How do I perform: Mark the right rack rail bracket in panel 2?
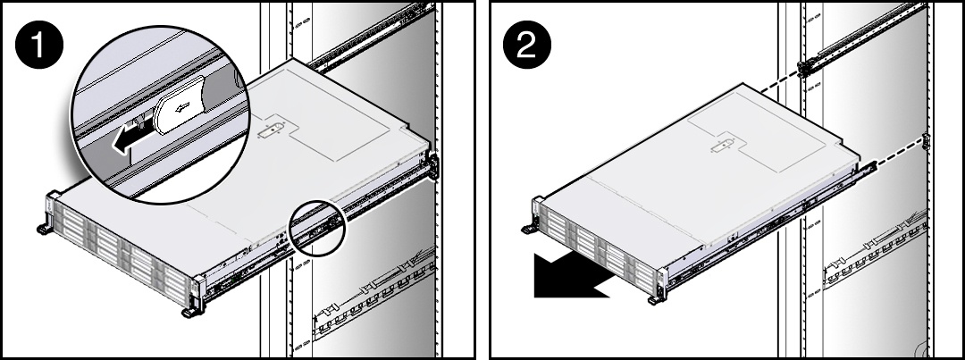pos(926,142)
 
